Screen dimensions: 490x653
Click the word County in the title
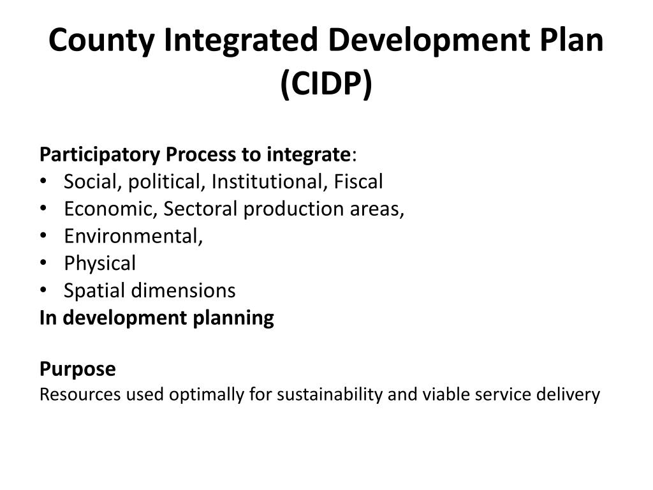point(101,41)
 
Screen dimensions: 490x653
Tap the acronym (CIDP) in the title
point(326,84)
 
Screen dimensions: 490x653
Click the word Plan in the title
point(567,41)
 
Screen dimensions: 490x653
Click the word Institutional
point(268,182)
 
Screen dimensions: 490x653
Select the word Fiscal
point(357,182)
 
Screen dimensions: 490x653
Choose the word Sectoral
point(200,209)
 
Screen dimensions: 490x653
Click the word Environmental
point(133,236)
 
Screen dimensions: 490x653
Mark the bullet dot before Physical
point(43,264)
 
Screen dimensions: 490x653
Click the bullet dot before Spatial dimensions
point(43,291)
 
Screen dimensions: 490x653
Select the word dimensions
point(184,291)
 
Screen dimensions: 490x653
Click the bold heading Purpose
point(78,369)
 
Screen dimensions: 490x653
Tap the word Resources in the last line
point(80,395)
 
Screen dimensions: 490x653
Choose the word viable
point(441,395)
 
